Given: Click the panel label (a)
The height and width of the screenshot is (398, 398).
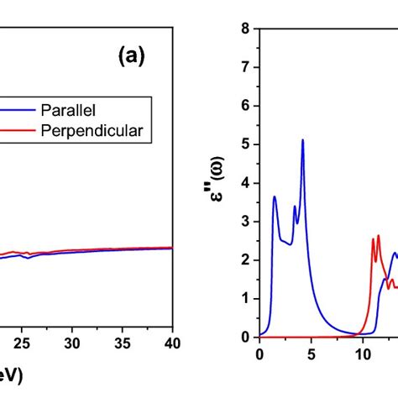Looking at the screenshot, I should coord(132,56).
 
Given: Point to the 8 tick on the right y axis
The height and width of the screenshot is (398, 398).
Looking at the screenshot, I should coord(245,28).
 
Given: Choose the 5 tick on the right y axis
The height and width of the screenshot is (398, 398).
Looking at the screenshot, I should coord(245,144).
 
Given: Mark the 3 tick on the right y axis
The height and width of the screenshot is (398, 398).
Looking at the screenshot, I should coord(245,221).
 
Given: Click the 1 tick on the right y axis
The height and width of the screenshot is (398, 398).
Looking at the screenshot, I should coord(245,298).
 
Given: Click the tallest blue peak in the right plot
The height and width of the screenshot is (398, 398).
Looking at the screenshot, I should coord(302,139).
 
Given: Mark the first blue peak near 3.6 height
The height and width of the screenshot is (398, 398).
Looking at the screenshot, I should coord(275,196).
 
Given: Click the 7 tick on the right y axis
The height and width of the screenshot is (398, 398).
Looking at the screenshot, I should coord(245,66).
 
